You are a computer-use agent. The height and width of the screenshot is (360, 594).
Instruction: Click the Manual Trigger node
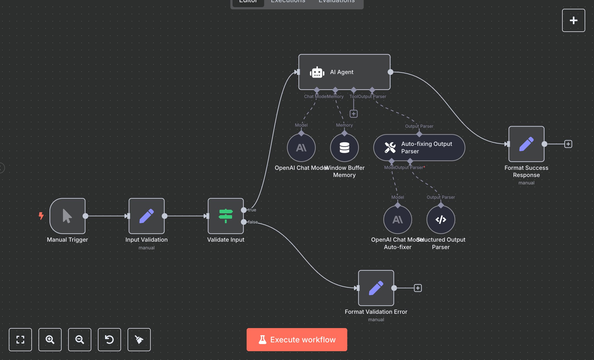pyautogui.click(x=67, y=216)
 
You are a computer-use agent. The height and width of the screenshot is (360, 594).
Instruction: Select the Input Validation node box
pyautogui.click(x=147, y=216)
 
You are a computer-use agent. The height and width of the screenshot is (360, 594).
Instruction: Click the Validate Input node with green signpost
pyautogui.click(x=226, y=216)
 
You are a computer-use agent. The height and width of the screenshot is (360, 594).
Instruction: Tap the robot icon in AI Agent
pyautogui.click(x=317, y=72)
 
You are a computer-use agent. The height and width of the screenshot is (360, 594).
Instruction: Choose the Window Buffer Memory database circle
pyautogui.click(x=344, y=148)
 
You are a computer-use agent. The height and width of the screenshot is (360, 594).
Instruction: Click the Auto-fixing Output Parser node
pyautogui.click(x=419, y=148)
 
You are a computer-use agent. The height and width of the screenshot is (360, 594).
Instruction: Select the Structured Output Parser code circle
pyautogui.click(x=441, y=220)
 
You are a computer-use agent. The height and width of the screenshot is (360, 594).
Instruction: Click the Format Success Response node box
pyautogui.click(x=526, y=144)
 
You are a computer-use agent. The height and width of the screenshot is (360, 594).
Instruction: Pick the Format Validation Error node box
pyautogui.click(x=376, y=288)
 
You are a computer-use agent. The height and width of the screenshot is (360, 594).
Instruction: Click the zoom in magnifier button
pyautogui.click(x=50, y=340)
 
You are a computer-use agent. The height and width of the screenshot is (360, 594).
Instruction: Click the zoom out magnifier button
pyautogui.click(x=80, y=340)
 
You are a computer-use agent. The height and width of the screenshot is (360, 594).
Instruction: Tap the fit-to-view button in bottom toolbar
pyautogui.click(x=20, y=340)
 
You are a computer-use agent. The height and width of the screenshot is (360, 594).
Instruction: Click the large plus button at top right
pyautogui.click(x=573, y=20)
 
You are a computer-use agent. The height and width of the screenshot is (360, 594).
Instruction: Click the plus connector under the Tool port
pyautogui.click(x=354, y=114)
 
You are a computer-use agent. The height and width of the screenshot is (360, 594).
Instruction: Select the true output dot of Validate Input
pyautogui.click(x=244, y=210)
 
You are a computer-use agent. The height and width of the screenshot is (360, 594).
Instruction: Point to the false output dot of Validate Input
pyautogui.click(x=244, y=222)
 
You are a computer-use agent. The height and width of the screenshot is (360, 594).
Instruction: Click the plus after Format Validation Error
pyautogui.click(x=418, y=288)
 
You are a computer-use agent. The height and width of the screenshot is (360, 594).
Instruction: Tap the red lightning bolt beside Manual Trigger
pyautogui.click(x=41, y=216)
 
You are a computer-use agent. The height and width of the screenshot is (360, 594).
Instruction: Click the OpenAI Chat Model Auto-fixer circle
pyautogui.click(x=398, y=220)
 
